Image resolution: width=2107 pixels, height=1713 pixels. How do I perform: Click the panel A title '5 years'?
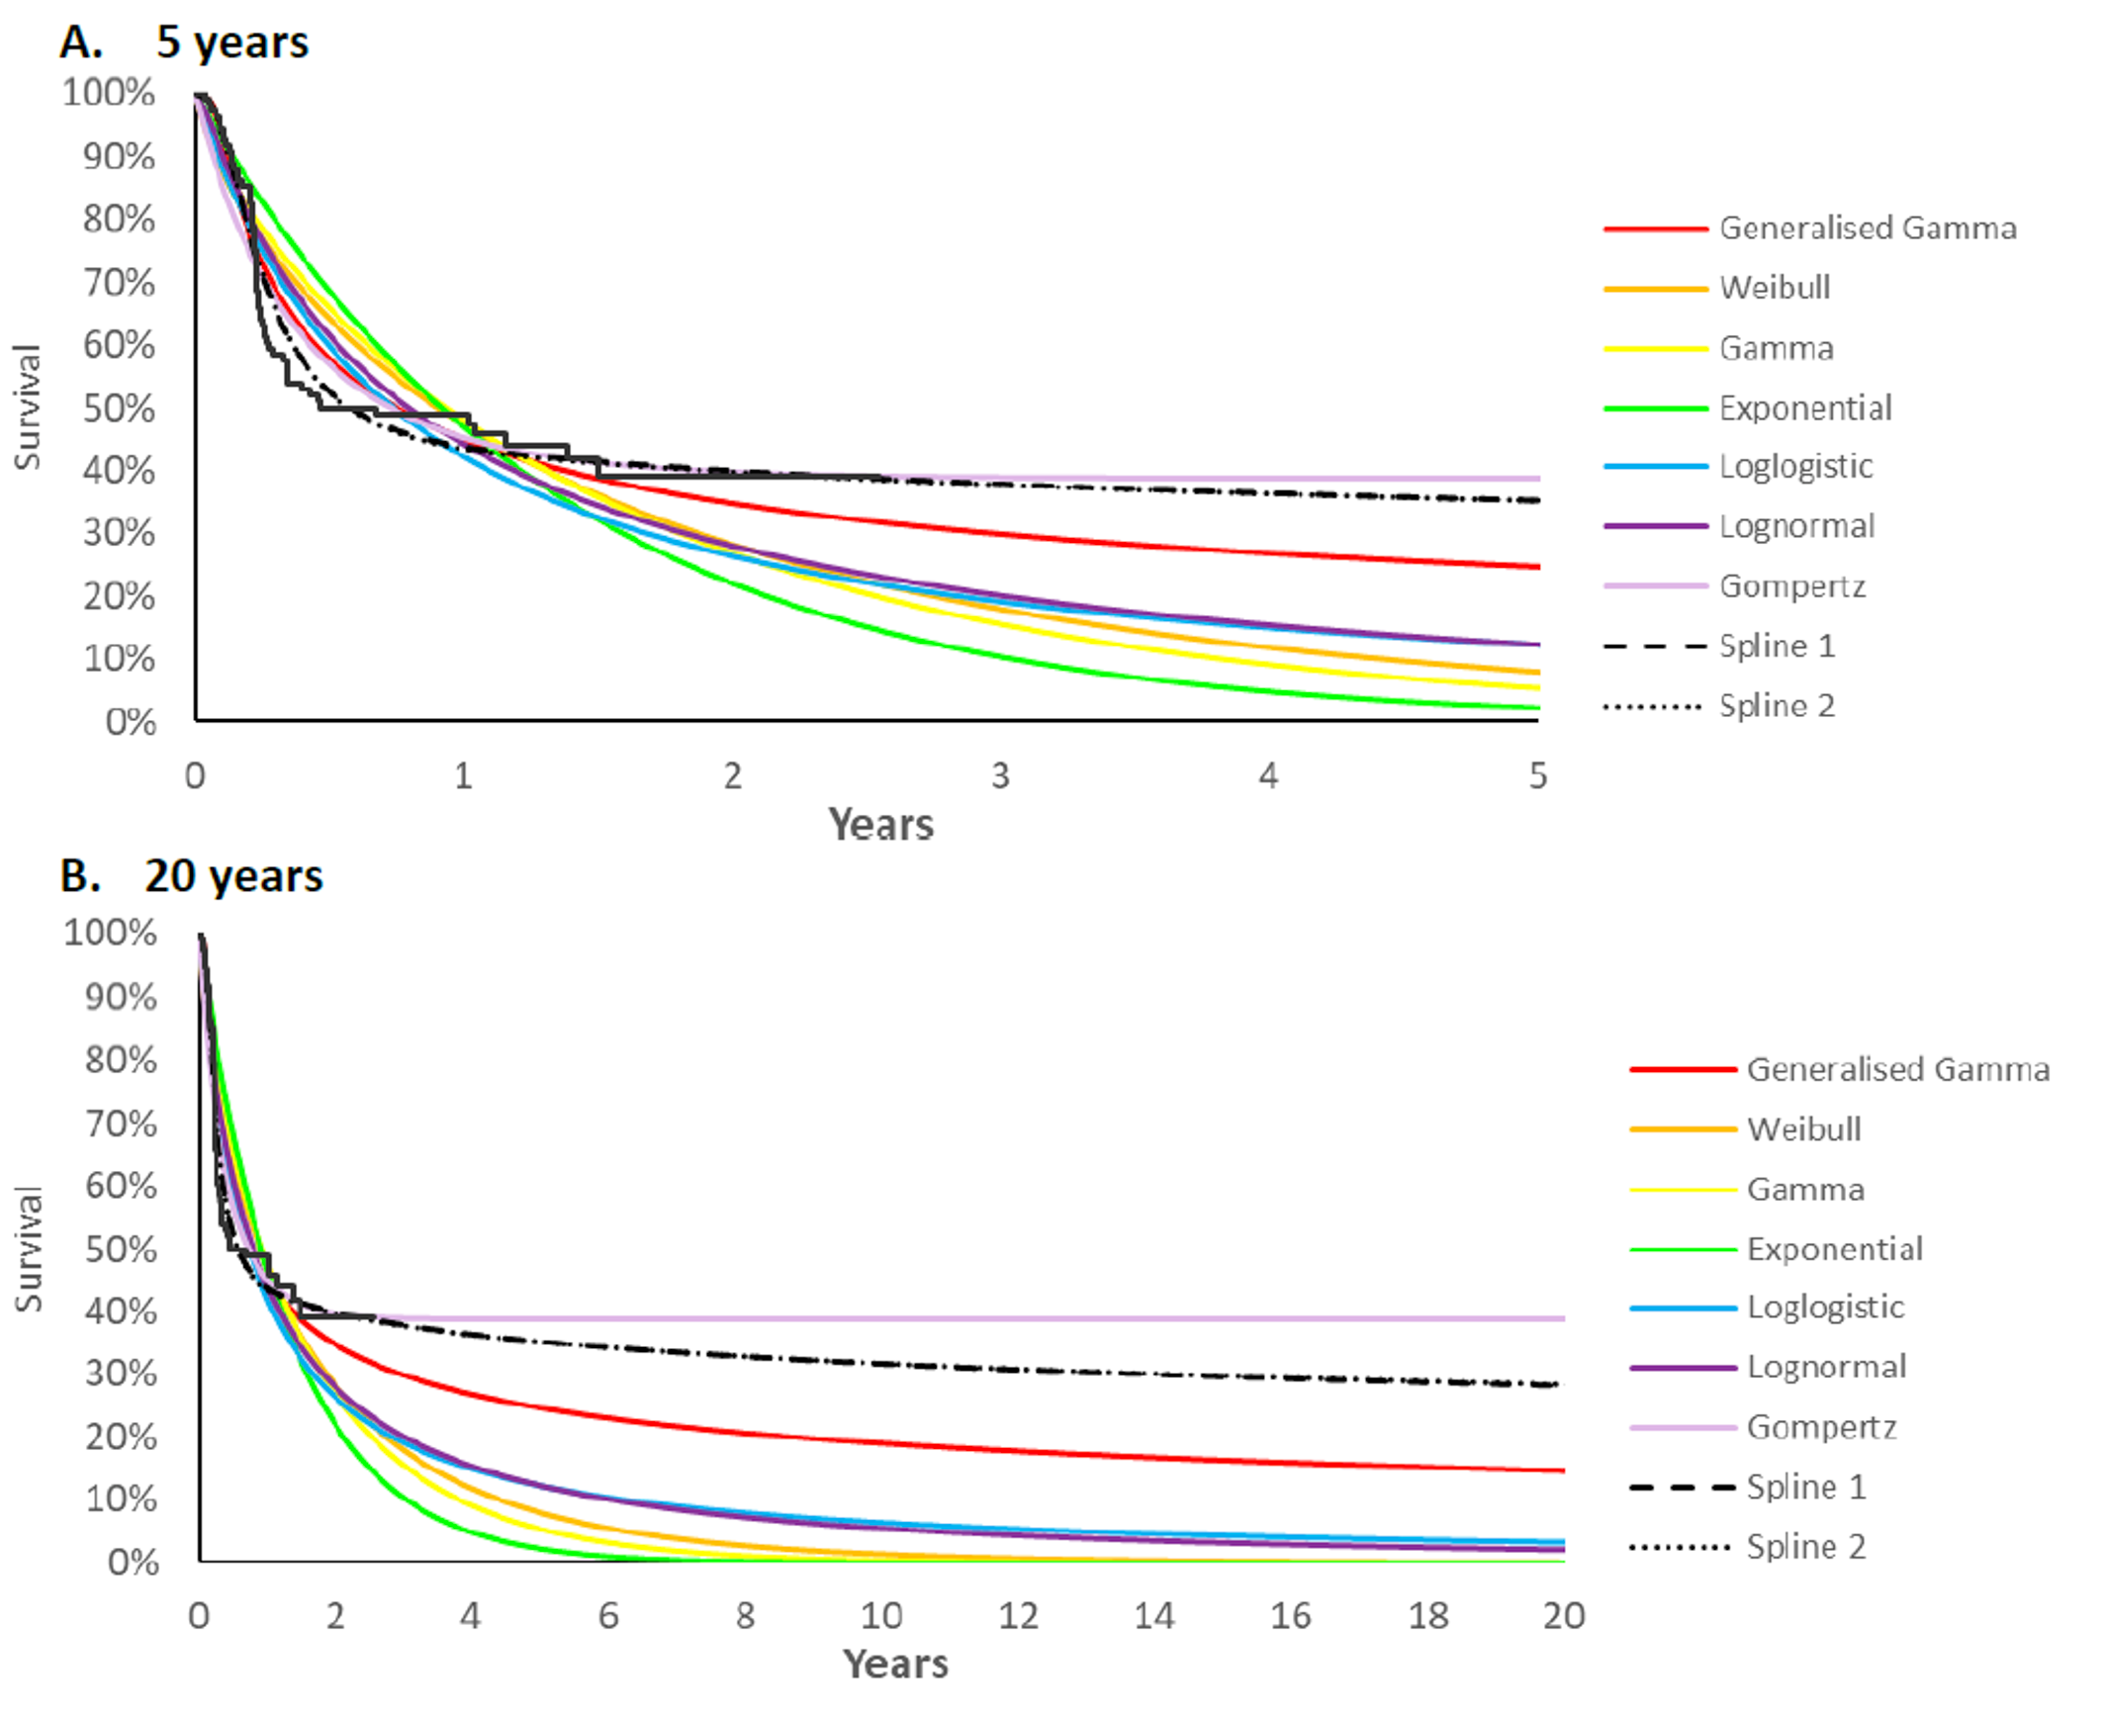pyautogui.click(x=231, y=43)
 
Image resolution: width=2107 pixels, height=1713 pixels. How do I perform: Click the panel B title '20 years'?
pyautogui.click(x=233, y=876)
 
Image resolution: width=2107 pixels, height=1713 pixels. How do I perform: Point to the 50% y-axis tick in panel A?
pyautogui.click(x=119, y=408)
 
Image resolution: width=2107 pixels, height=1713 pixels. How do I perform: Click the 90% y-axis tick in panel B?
pyautogui.click(x=121, y=997)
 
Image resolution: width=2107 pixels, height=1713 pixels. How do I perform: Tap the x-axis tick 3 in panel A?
pyautogui.click(x=1000, y=776)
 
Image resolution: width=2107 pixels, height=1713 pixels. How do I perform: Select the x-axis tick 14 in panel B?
pyautogui.click(x=1153, y=1616)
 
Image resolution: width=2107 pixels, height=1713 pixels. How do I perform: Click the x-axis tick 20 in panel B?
pyautogui.click(x=1563, y=1616)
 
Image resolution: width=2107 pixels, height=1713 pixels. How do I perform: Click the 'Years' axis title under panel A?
pyautogui.click(x=880, y=825)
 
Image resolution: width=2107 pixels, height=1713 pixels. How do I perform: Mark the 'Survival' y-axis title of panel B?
pyautogui.click(x=28, y=1248)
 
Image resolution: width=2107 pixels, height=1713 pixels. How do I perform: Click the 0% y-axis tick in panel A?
pyautogui.click(x=131, y=722)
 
